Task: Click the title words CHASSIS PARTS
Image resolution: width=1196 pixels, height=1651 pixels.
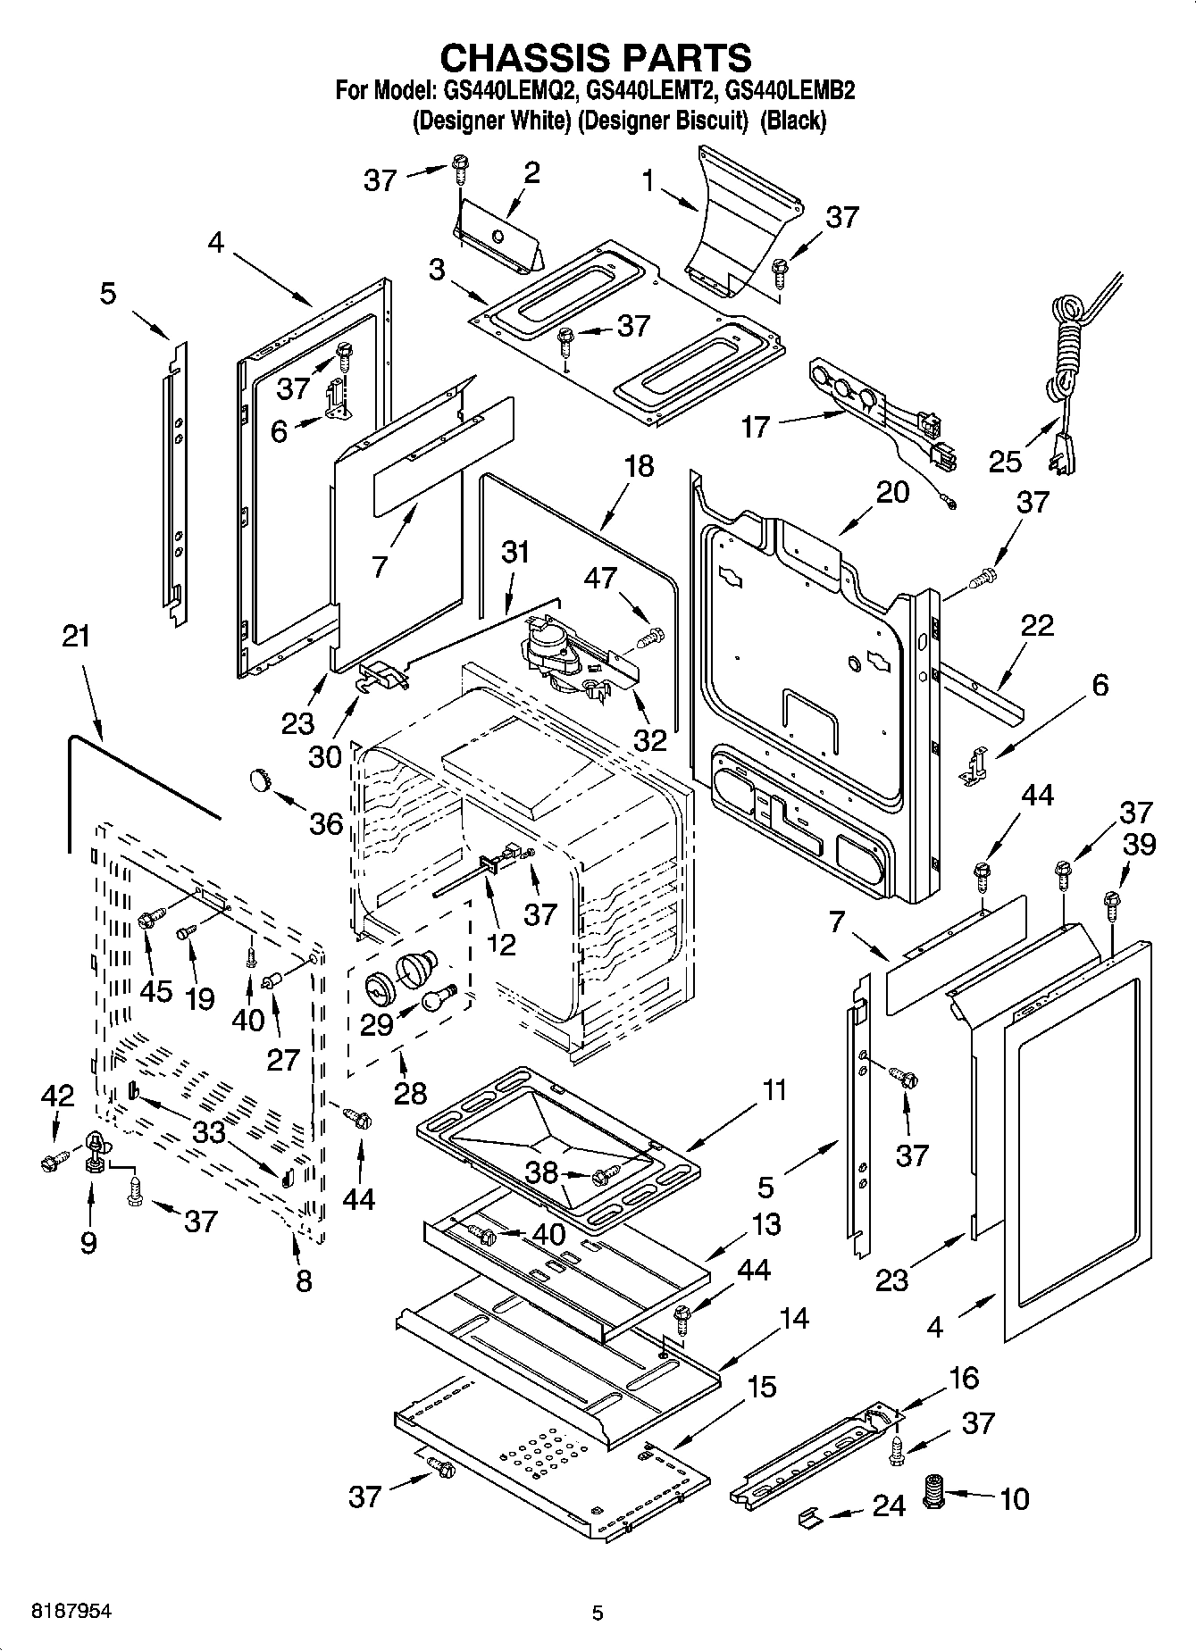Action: (x=596, y=57)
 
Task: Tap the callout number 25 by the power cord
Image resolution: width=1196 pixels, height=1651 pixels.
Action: (x=1006, y=461)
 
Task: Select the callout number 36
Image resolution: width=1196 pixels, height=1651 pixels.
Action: (x=325, y=822)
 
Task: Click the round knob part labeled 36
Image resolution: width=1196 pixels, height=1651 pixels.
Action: (x=260, y=780)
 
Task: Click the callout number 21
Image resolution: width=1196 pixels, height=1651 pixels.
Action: (x=77, y=637)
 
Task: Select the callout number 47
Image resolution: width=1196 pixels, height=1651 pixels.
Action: (x=600, y=578)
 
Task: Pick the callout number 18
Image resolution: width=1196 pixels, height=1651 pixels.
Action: (x=639, y=466)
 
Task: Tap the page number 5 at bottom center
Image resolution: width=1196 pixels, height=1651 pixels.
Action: (x=598, y=1613)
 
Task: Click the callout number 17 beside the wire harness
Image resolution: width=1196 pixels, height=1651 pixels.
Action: (x=756, y=427)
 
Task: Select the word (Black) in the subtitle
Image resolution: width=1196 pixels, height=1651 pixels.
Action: (x=792, y=121)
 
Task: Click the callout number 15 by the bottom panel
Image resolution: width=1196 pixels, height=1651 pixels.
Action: (x=761, y=1386)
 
